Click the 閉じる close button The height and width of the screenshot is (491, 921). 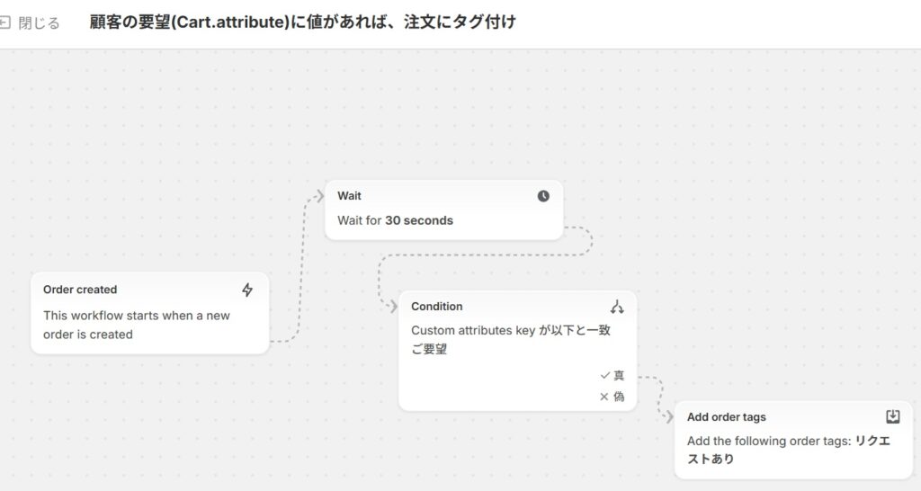(x=31, y=22)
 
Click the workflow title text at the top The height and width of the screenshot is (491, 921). (x=302, y=22)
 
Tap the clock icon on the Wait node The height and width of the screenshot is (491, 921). (x=543, y=196)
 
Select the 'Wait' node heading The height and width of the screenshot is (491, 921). (x=349, y=196)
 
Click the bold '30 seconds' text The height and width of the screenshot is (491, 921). (x=419, y=220)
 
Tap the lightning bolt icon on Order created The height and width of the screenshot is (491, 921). (x=247, y=290)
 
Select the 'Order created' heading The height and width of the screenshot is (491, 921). (x=80, y=290)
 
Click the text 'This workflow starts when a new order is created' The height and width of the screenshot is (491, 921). (x=137, y=325)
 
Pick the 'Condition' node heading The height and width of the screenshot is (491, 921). (x=437, y=307)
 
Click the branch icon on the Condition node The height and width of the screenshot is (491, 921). (x=617, y=307)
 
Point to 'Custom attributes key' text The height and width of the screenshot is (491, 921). (x=473, y=330)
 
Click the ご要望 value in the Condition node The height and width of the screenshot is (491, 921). (x=429, y=349)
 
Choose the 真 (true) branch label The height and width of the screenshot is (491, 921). (x=619, y=375)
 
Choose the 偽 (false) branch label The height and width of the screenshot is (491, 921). (x=619, y=397)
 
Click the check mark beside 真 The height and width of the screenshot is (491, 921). (x=604, y=375)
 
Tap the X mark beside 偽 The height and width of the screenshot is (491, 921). (x=604, y=397)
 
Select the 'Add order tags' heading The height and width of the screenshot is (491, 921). (x=727, y=417)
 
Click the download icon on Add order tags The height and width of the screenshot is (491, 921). (x=892, y=416)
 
